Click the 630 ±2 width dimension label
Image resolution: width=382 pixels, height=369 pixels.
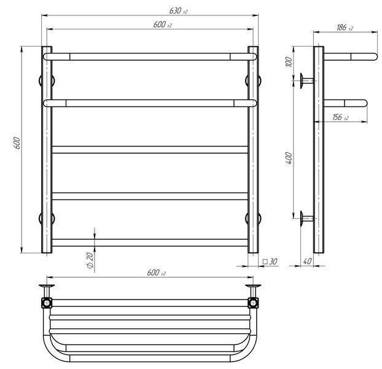178,10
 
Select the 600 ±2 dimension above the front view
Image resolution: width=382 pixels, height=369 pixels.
163,25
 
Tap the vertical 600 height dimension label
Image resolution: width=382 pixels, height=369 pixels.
17,143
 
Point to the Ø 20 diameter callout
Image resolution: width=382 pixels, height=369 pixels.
90,261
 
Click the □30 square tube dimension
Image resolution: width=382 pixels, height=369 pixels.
270,261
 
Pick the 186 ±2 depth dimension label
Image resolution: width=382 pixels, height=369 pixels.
345,28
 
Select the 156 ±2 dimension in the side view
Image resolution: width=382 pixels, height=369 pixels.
340,117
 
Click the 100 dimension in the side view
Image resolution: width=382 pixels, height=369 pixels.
289,61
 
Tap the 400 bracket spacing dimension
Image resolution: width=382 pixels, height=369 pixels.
289,158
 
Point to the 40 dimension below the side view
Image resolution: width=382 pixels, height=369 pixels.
307,261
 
